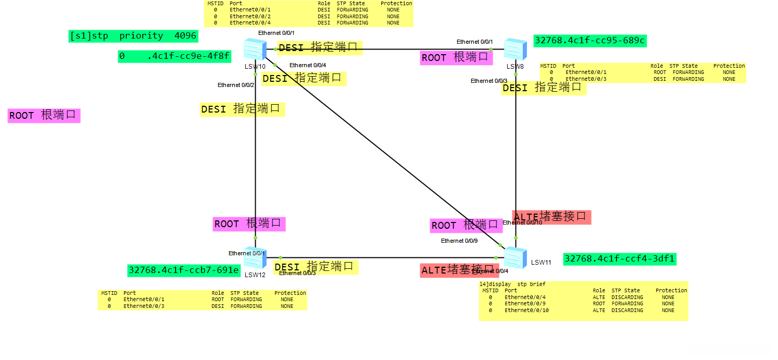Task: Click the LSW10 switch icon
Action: click(255, 50)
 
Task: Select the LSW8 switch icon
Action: click(515, 49)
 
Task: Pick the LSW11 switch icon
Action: click(515, 257)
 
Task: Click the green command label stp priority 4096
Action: click(133, 36)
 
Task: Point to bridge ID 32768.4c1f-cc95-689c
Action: click(590, 41)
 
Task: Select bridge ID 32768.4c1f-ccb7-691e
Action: click(184, 270)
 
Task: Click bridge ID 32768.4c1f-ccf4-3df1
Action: click(620, 259)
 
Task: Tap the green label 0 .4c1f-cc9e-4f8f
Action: click(174, 56)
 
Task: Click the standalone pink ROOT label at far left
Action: click(44, 115)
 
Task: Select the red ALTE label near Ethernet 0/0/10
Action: click(551, 217)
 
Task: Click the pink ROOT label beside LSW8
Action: click(456, 58)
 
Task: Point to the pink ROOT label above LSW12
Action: click(249, 224)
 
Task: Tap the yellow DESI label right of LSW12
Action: click(314, 267)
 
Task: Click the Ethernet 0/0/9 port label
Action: click(459, 241)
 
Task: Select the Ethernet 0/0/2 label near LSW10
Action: click(236, 85)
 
